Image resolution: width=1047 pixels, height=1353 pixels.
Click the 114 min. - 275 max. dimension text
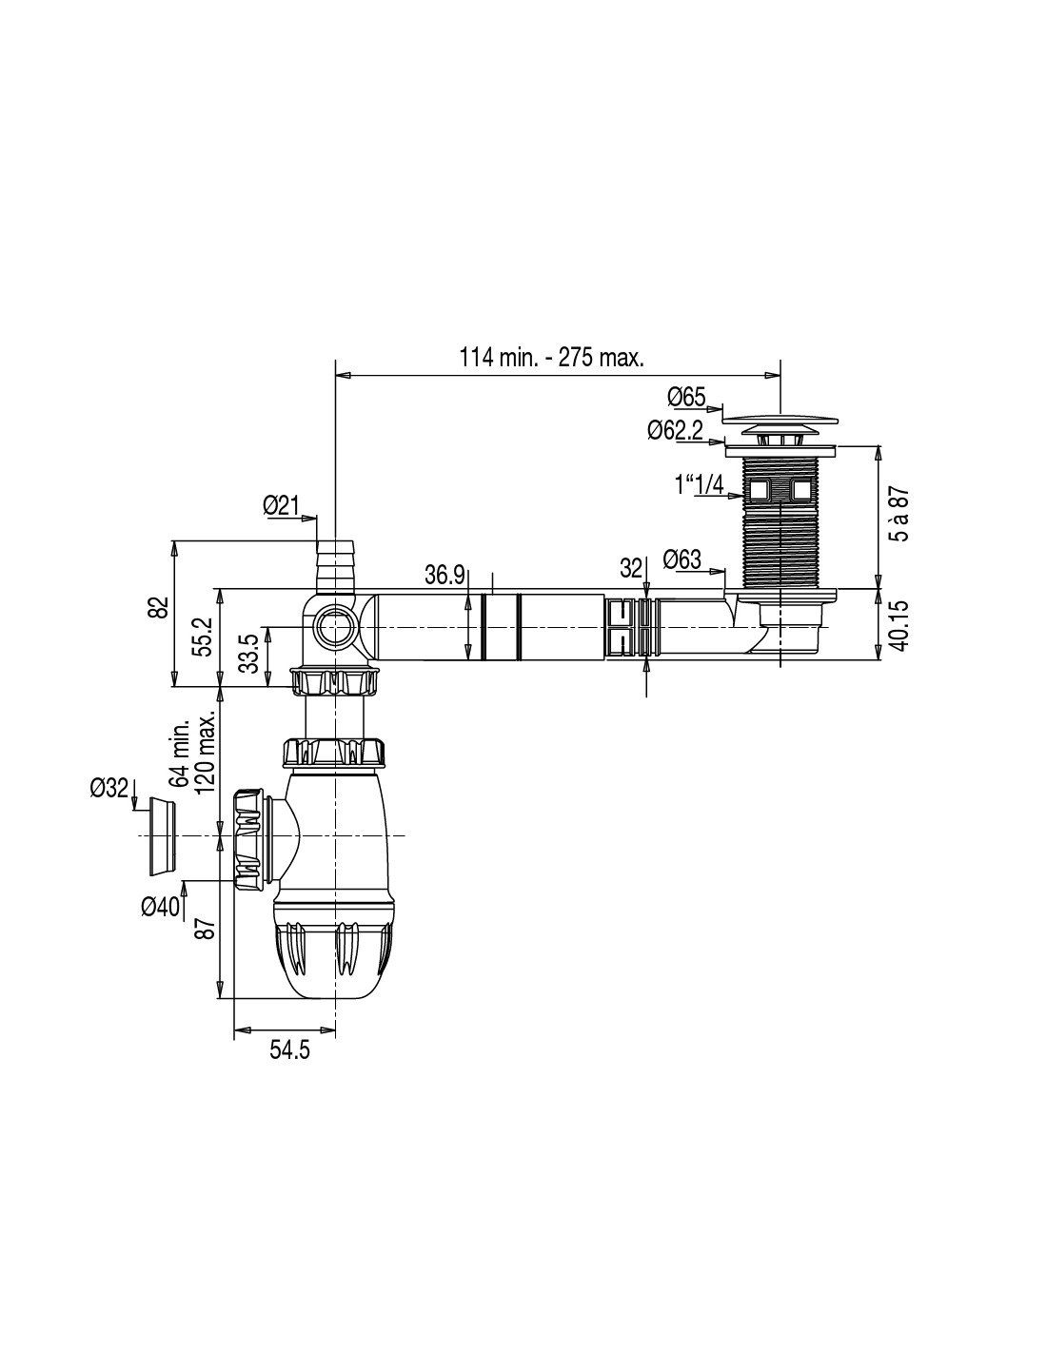(551, 358)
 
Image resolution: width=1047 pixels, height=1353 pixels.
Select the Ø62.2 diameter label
(675, 430)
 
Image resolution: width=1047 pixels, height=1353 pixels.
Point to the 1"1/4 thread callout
(700, 483)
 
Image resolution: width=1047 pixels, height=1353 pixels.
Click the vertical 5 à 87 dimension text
(901, 514)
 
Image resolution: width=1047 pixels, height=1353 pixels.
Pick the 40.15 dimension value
(901, 625)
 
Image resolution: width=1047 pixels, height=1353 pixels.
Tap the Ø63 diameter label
(682, 559)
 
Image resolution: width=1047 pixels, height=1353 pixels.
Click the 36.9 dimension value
(444, 575)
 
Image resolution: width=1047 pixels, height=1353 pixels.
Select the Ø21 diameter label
(282, 505)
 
